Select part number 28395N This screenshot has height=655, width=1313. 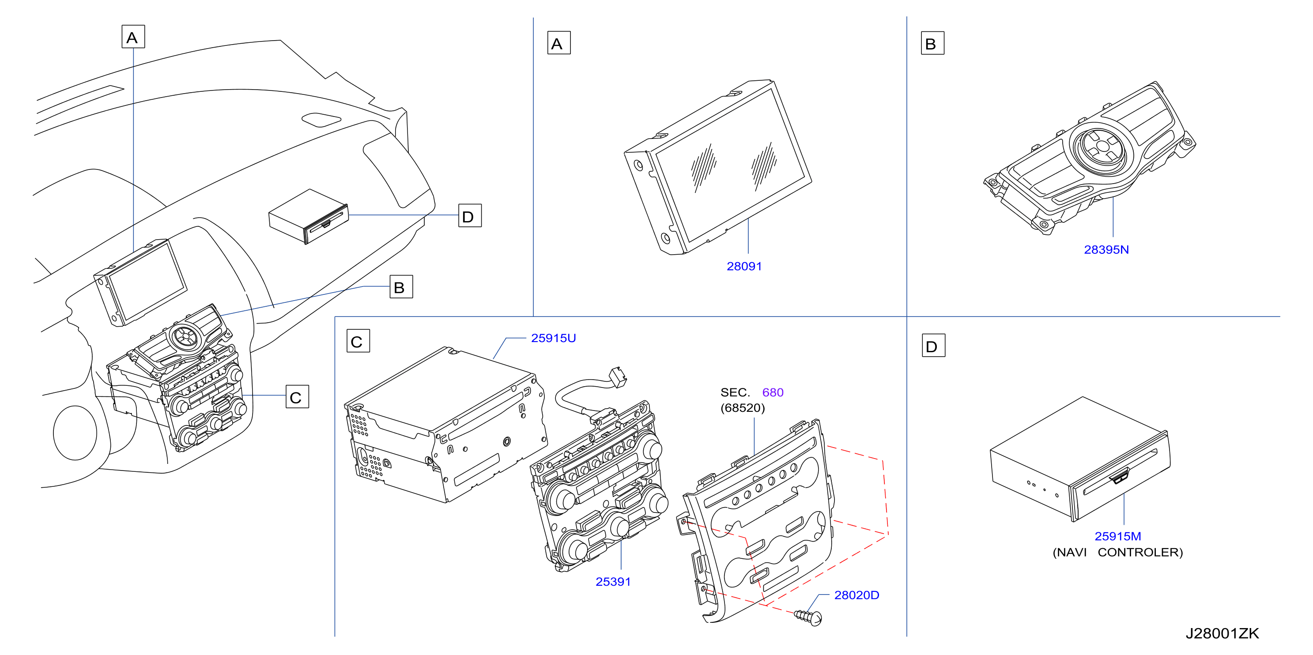pos(1106,250)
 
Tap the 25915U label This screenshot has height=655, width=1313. pos(553,338)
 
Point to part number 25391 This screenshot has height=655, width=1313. pos(613,582)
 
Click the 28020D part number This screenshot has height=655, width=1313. pos(856,595)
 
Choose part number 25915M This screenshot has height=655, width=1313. pos(1117,536)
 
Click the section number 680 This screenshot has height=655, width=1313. pos(773,392)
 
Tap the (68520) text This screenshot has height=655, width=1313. pos(743,408)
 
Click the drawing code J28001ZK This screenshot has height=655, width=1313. pos(1222,633)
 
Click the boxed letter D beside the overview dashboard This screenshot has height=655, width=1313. pos(469,216)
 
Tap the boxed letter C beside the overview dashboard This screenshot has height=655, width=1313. pos(297,396)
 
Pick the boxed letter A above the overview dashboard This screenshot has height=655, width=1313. pos(133,37)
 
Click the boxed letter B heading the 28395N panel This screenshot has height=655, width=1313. pos(932,43)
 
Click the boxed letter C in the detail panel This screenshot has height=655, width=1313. pos(358,341)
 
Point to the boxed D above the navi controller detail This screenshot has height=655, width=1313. pos(933,346)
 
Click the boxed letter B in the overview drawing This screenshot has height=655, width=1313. pos(401,287)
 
